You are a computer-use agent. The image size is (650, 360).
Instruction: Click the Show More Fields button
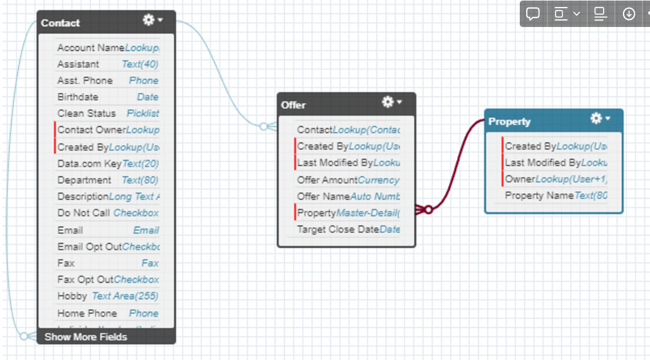tap(86, 337)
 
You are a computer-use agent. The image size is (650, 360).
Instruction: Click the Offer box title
tap(293, 105)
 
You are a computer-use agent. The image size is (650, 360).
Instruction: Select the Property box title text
tap(509, 121)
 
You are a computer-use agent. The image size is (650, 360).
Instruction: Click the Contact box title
tap(60, 23)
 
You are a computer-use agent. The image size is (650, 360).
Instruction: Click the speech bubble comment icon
tap(533, 14)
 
